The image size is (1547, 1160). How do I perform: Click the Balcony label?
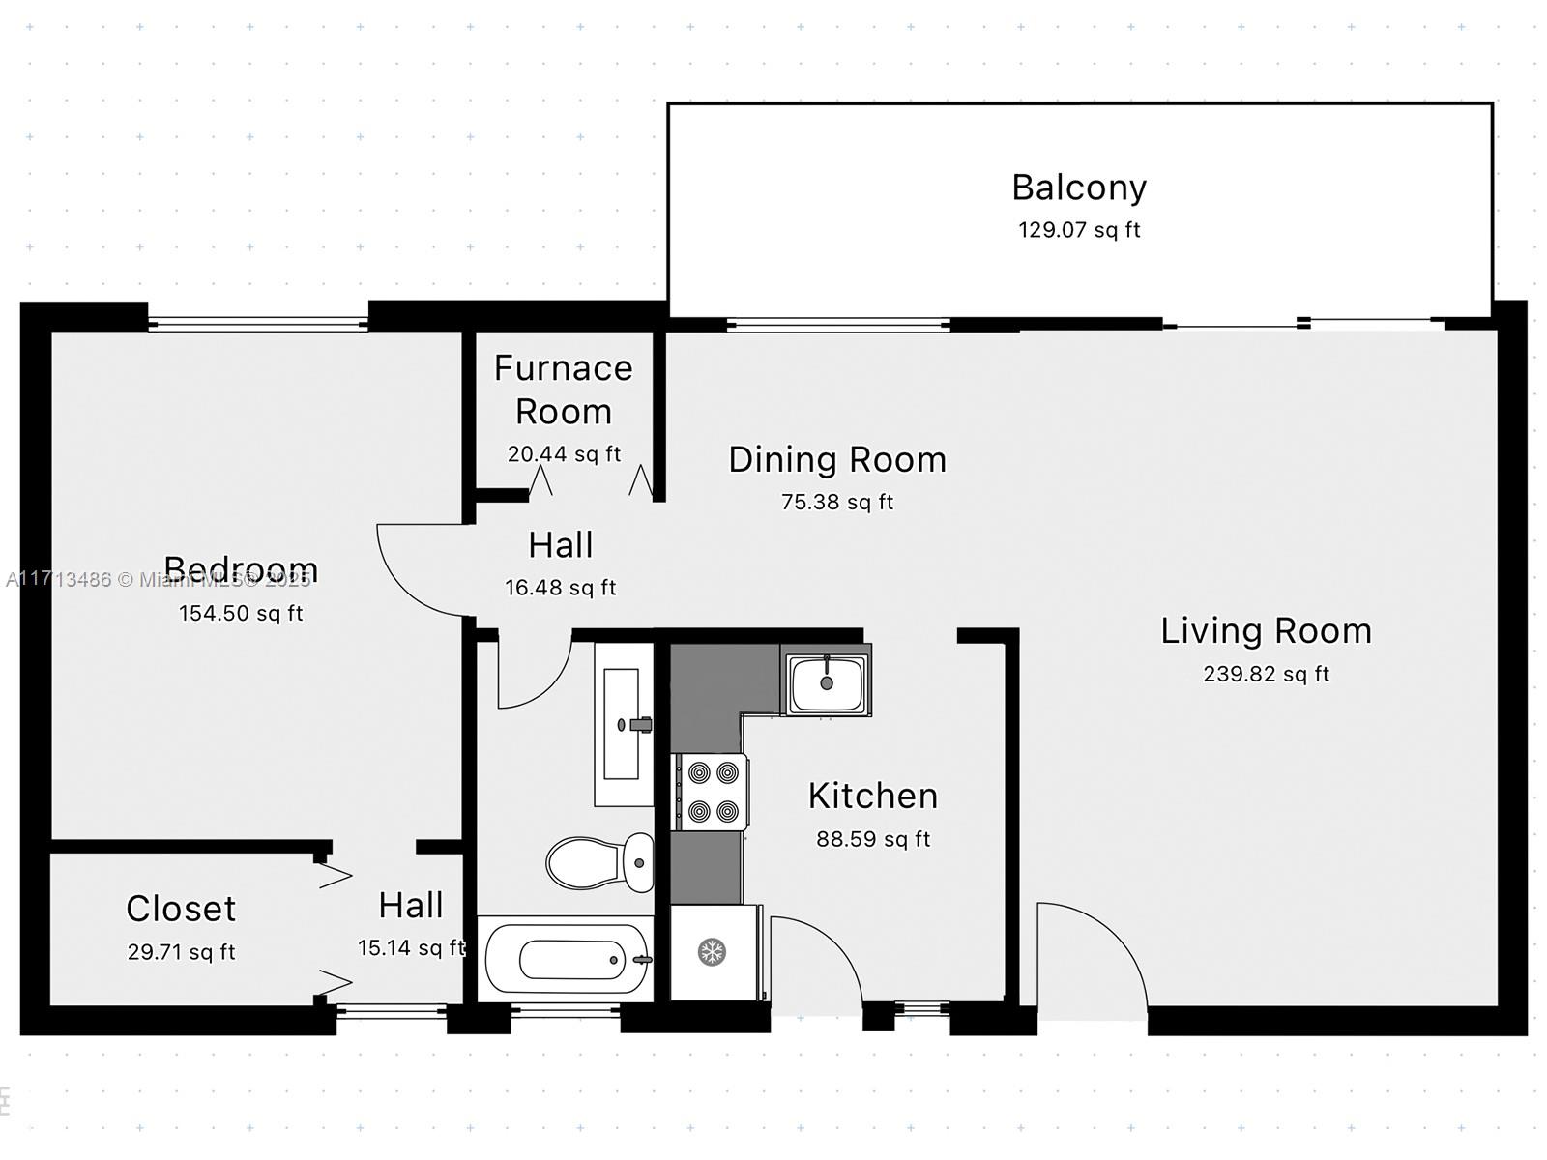[1079, 188]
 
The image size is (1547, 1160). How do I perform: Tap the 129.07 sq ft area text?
[1079, 230]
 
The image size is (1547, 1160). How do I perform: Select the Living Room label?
[1266, 631]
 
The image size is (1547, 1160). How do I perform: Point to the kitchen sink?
[827, 682]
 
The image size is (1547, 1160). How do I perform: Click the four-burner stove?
[712, 792]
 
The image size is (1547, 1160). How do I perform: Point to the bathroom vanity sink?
[622, 724]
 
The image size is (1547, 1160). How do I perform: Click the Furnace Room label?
[564, 390]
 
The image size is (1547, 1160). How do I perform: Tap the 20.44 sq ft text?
[564, 454]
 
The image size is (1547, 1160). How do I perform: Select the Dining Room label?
[837, 460]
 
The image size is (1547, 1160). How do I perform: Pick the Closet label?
[181, 909]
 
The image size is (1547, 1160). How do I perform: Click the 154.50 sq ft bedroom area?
[241, 614]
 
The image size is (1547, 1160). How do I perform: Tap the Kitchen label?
[873, 797]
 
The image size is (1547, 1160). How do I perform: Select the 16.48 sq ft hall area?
[560, 588]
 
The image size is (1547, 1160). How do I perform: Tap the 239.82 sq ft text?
[1266, 675]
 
